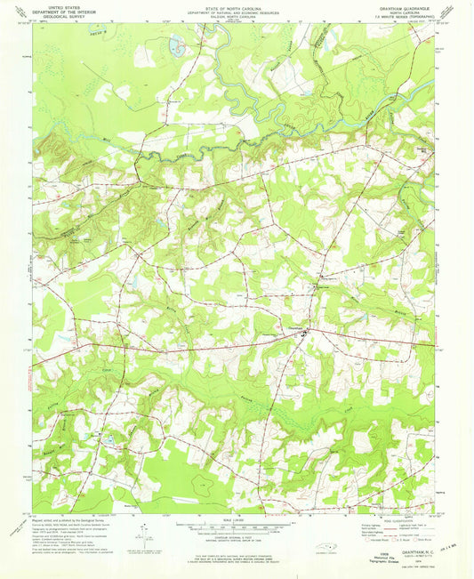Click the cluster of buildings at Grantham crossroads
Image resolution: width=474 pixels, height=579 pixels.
coord(304,333)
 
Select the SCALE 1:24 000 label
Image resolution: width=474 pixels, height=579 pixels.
coord(237,520)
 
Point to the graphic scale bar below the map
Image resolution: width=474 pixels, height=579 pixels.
coord(237,527)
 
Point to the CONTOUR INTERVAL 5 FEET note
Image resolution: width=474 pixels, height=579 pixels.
coord(237,539)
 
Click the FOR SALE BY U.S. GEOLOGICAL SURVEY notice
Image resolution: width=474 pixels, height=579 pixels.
coord(237,554)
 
